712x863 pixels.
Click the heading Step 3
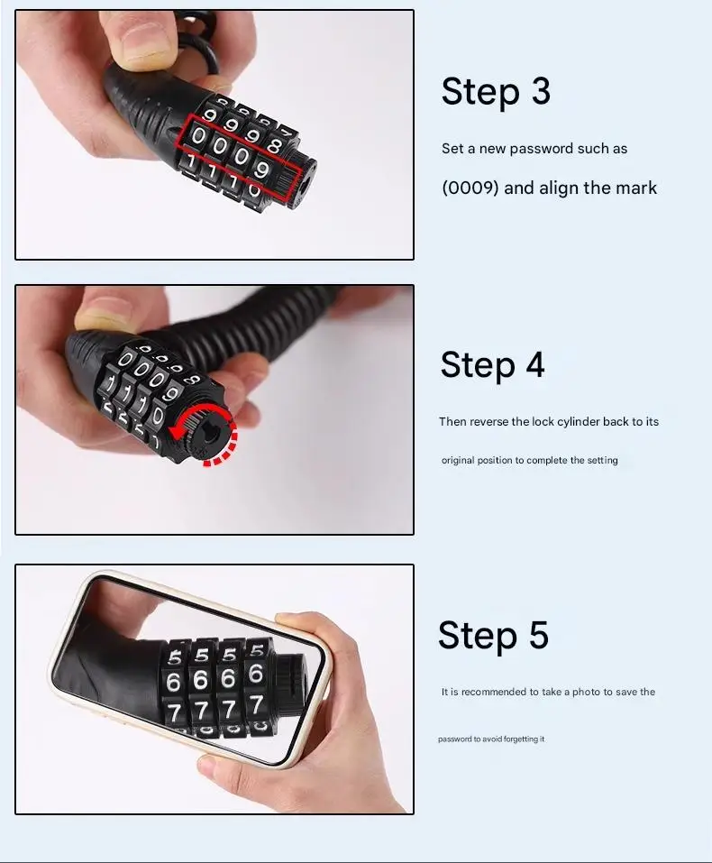496,92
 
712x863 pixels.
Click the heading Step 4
492,365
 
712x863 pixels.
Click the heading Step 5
493,635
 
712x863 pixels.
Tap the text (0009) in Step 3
470,188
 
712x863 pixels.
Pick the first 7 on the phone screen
176,712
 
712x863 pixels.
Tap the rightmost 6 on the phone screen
256,674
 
